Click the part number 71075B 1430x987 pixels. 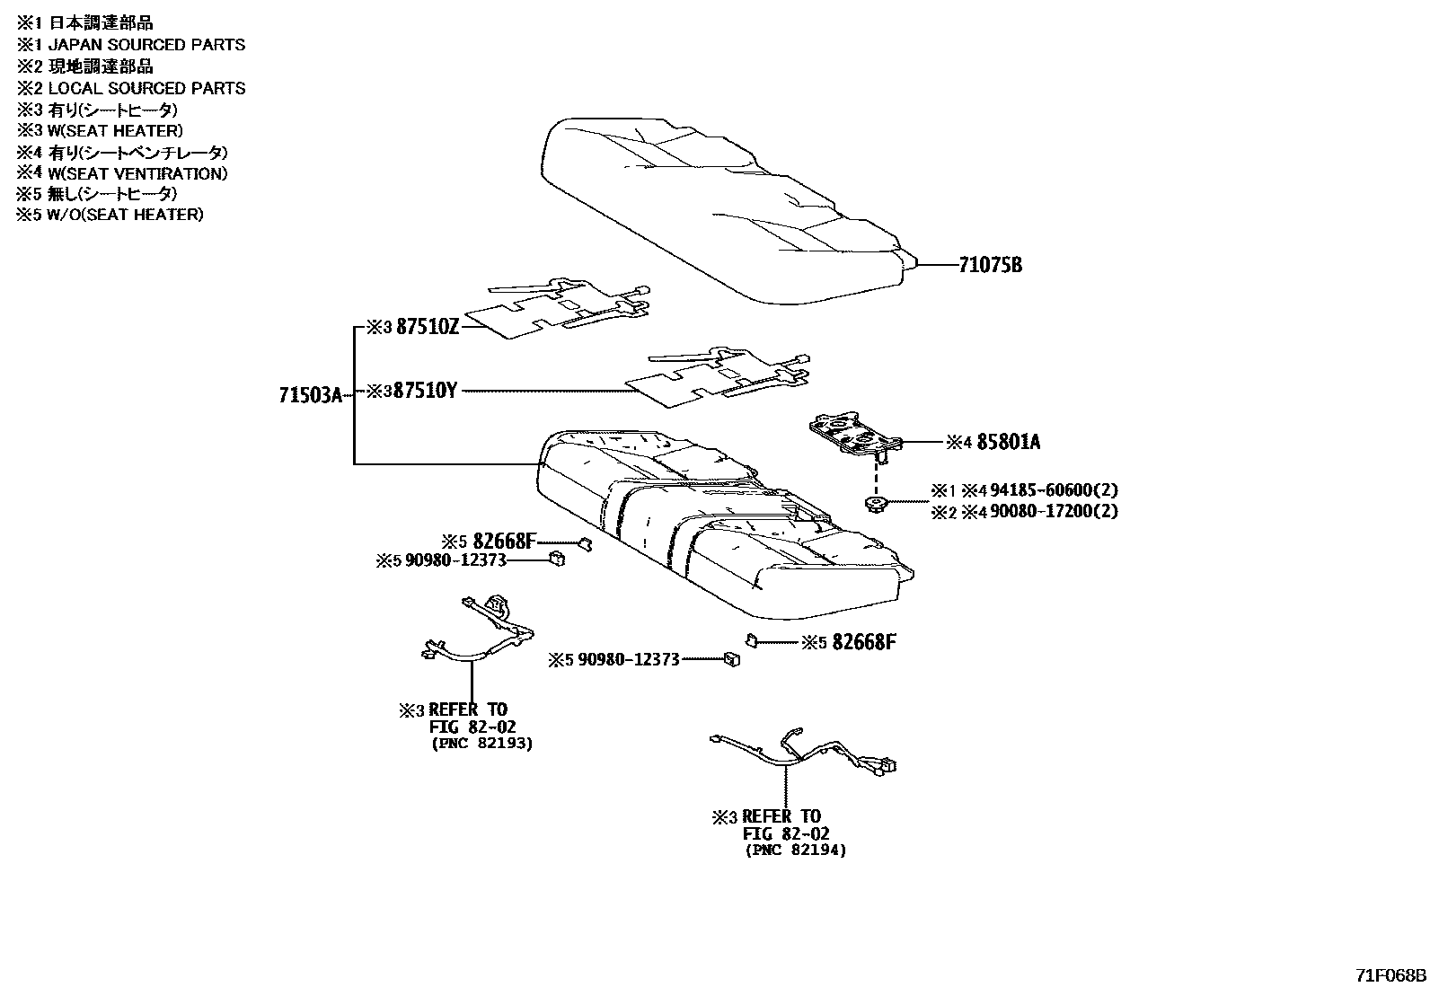click(x=990, y=266)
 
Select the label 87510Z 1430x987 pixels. click(x=428, y=328)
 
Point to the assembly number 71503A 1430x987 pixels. click(x=311, y=395)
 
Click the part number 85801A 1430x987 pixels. click(x=1009, y=442)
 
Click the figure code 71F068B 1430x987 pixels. click(x=1390, y=975)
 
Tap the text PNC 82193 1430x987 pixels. click(x=482, y=744)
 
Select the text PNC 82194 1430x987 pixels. click(x=796, y=850)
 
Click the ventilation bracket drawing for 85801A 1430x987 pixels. click(x=853, y=434)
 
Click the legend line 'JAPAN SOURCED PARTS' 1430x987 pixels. click(x=146, y=44)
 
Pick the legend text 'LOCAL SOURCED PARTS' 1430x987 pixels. click(x=146, y=88)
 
